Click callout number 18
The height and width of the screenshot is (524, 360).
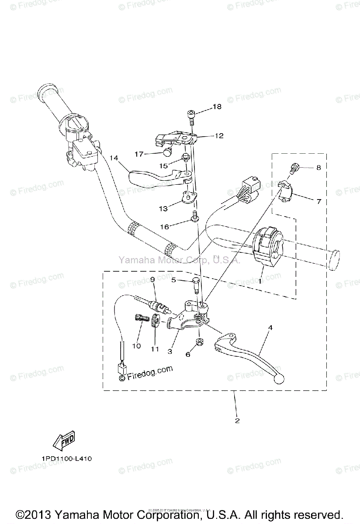click(x=217, y=107)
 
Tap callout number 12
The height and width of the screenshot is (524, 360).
click(x=219, y=136)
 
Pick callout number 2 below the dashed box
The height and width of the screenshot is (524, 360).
click(x=237, y=421)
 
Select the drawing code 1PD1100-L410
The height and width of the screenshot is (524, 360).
click(x=67, y=459)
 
